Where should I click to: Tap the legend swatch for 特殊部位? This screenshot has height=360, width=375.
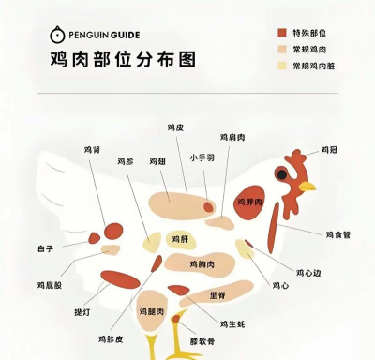281,33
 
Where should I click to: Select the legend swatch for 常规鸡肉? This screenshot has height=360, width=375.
281,49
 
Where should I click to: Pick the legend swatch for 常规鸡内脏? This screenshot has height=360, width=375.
281,66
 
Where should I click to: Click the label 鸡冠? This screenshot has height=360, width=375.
329,149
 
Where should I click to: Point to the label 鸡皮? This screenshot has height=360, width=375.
175,127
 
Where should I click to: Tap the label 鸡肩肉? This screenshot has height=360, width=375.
232,137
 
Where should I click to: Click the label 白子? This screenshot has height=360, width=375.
45,248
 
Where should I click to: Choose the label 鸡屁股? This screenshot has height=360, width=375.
50,284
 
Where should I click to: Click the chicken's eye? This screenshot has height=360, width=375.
280,173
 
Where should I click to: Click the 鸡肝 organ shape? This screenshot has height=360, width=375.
178,239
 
